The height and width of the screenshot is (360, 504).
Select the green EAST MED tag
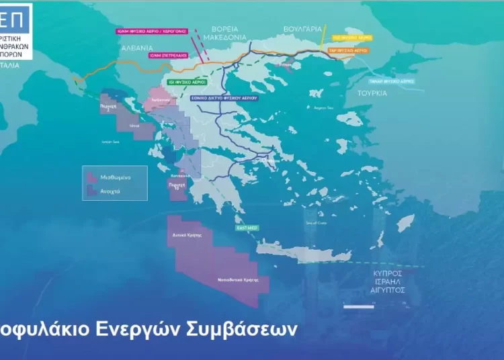coord(245,228)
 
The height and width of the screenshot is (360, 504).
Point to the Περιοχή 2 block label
coord(109,107)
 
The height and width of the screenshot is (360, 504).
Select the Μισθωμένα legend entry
coord(114,177)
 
